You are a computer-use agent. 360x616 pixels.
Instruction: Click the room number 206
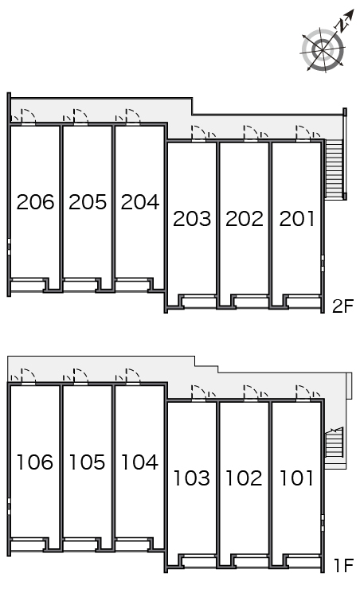(x=35, y=202)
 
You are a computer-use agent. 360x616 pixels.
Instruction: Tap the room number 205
(x=88, y=202)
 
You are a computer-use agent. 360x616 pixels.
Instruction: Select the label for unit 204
(x=140, y=202)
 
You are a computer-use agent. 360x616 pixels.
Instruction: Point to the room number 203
(x=192, y=219)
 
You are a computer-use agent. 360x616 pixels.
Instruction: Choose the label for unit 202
(x=245, y=219)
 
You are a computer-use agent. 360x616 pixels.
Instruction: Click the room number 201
(x=297, y=219)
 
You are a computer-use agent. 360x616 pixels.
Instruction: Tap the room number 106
(x=35, y=462)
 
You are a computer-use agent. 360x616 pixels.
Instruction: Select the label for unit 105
(x=88, y=462)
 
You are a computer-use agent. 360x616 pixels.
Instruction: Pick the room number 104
(x=139, y=462)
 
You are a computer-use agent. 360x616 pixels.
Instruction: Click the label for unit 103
(x=192, y=478)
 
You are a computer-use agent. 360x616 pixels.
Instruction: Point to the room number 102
(x=244, y=478)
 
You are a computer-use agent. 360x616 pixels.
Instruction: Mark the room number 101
(x=296, y=478)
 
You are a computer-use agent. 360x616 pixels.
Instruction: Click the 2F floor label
(x=343, y=306)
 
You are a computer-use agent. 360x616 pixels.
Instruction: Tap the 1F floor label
(x=344, y=566)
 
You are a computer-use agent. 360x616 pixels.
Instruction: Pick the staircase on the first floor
(x=335, y=442)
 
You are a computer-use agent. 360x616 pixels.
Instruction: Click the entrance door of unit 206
(x=29, y=116)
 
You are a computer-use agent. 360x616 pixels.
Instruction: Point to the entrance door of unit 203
(x=199, y=133)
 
